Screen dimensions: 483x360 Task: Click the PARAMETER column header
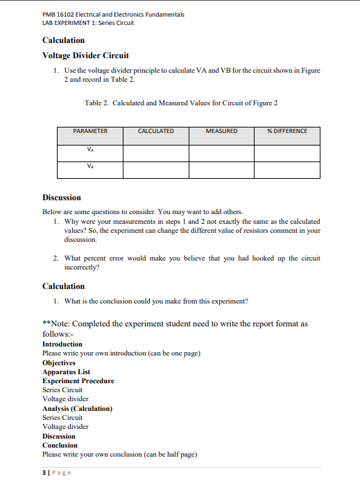click(x=90, y=131)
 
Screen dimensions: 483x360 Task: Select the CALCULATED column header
click(x=156, y=131)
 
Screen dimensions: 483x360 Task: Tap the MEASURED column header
click(x=222, y=131)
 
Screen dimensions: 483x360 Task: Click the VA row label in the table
click(x=90, y=148)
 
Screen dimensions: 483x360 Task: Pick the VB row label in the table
click(x=90, y=166)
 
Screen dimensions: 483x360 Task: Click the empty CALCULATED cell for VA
click(x=156, y=152)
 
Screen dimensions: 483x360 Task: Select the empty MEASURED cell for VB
click(x=222, y=170)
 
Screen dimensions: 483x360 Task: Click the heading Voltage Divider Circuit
click(x=85, y=55)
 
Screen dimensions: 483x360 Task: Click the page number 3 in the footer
click(x=44, y=473)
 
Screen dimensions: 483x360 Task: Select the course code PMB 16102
click(x=60, y=15)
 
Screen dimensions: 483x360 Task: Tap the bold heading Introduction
click(x=62, y=344)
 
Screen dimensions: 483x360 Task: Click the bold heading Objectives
click(x=59, y=362)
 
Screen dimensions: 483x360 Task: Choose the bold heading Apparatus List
click(x=66, y=372)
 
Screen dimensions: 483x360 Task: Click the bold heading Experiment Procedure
click(x=78, y=381)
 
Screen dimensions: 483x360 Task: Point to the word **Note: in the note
click(x=56, y=324)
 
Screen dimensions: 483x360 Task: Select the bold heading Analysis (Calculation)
click(x=77, y=409)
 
